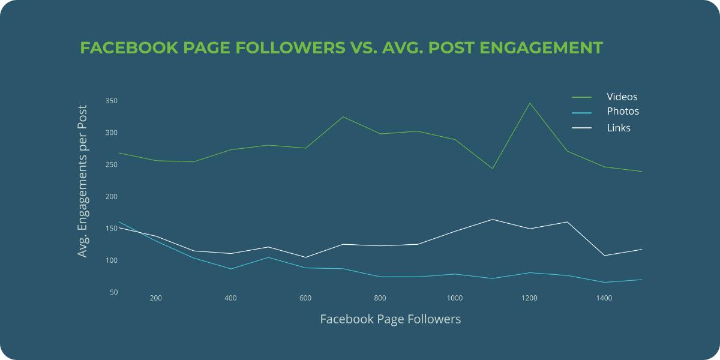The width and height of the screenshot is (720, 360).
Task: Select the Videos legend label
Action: pyautogui.click(x=622, y=97)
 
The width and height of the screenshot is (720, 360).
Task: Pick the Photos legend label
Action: pyautogui.click(x=623, y=112)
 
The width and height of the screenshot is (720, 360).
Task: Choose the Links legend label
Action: pyautogui.click(x=619, y=128)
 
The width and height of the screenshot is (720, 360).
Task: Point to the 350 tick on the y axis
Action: pyautogui.click(x=111, y=101)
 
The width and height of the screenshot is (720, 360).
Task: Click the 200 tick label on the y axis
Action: pyautogui.click(x=111, y=197)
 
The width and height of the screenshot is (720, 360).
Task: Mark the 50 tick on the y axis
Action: pyautogui.click(x=113, y=292)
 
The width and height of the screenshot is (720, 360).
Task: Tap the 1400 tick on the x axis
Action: pyautogui.click(x=604, y=298)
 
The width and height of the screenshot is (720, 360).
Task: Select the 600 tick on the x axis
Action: pyautogui.click(x=305, y=298)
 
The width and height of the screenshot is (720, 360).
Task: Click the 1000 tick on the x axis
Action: pyautogui.click(x=454, y=298)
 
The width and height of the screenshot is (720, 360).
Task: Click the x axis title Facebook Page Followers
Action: pyautogui.click(x=391, y=319)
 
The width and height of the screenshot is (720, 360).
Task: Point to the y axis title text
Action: pyautogui.click(x=83, y=181)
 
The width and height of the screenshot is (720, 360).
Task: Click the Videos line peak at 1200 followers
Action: pyautogui.click(x=530, y=103)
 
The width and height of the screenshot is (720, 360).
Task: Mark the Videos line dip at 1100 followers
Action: pyautogui.click(x=492, y=169)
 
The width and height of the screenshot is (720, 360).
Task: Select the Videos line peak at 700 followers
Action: pyautogui.click(x=343, y=116)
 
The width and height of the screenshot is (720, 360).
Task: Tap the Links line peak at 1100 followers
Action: pyautogui.click(x=492, y=219)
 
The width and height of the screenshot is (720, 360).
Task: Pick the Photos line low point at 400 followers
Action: pyautogui.click(x=230, y=269)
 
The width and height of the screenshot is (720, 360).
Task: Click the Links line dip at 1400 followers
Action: pyautogui.click(x=604, y=256)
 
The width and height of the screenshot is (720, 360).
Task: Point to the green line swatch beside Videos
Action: pyautogui.click(x=581, y=97)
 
